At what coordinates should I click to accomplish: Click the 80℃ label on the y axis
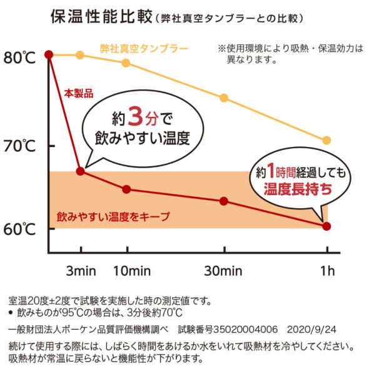[21, 58]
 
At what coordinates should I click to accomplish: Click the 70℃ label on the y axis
[21, 148]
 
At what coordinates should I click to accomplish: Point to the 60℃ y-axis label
[21, 229]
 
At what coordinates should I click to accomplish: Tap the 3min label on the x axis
[81, 271]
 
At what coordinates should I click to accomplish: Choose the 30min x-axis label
[223, 271]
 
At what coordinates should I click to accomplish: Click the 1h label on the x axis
[326, 271]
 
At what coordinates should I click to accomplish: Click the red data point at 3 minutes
[80, 171]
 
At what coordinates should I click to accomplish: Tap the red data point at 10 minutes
[126, 189]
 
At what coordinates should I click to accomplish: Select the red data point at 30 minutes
[223, 201]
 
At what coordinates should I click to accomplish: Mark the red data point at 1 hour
[326, 226]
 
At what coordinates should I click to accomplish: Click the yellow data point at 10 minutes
[126, 63]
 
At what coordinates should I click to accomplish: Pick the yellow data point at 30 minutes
[223, 98]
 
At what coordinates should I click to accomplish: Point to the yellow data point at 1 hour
[326, 140]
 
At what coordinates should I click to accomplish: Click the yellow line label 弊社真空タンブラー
[144, 49]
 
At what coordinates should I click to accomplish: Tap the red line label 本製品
[78, 93]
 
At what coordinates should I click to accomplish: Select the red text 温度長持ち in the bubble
[298, 190]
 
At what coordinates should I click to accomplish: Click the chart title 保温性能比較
[101, 17]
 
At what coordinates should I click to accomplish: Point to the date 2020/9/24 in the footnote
[311, 328]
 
